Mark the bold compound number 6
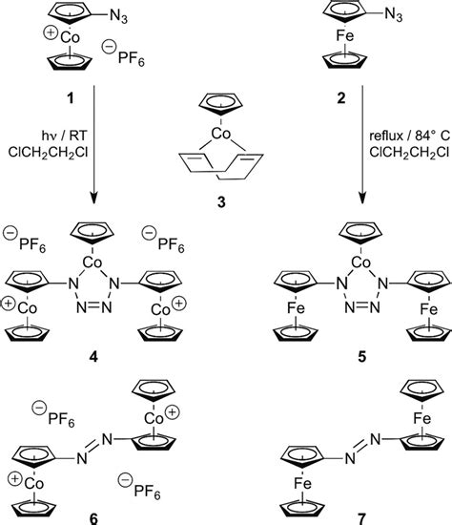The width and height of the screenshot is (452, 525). coord(94,515)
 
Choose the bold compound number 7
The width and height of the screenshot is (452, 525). coord(360,515)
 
